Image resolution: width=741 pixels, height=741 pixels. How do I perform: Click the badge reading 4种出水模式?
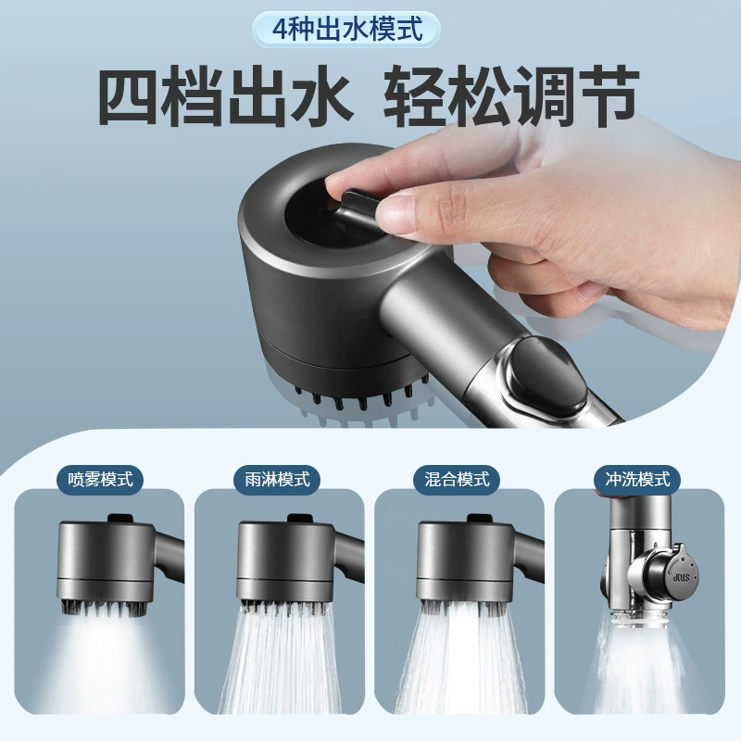[346, 30]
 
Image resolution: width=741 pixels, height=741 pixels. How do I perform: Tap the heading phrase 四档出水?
[225, 96]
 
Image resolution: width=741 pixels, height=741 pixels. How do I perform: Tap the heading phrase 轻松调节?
[511, 96]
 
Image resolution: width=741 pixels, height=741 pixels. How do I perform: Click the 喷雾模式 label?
[100, 480]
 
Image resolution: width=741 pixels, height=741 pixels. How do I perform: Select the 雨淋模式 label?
[277, 480]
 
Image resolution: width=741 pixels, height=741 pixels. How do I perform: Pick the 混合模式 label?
[456, 480]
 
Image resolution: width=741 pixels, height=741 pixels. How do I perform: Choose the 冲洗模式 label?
[637, 479]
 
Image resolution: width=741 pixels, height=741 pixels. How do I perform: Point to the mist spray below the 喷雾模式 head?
[105, 661]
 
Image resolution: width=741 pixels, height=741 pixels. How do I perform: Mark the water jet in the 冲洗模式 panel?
[638, 666]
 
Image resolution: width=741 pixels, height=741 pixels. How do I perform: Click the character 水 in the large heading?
[322, 96]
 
